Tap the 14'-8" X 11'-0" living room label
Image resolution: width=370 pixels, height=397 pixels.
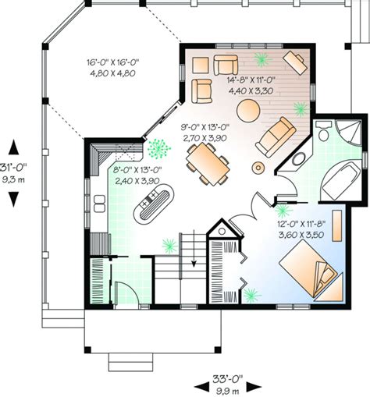[x=249, y=85]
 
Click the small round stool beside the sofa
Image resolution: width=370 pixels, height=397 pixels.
[x=258, y=166]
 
